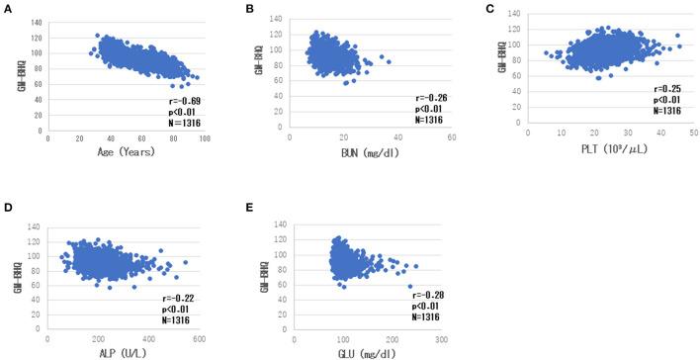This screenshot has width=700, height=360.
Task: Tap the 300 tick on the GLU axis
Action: click(440, 337)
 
